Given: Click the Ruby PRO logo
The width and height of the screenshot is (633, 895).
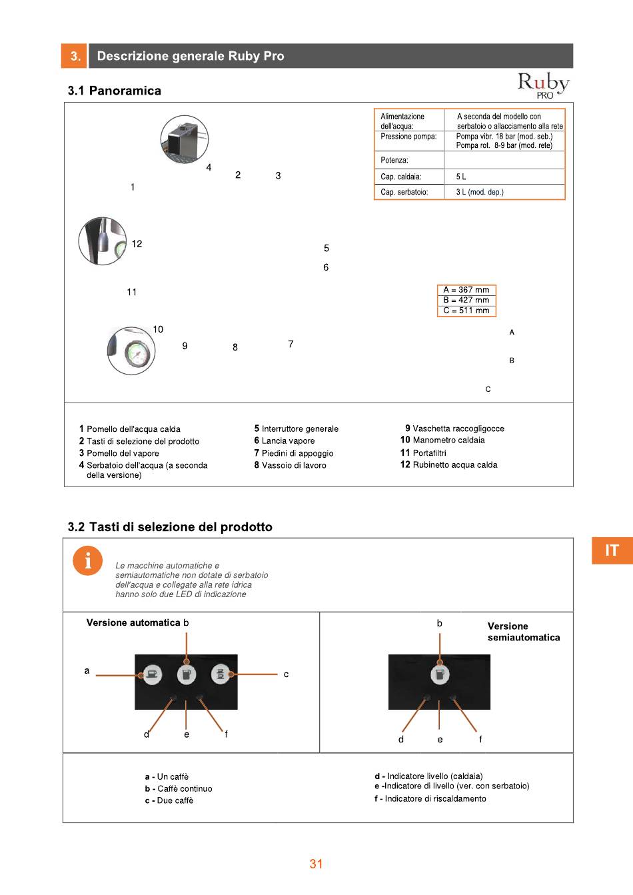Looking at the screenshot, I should coord(543,85).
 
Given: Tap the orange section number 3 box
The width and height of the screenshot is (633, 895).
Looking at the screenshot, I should coord(75,56).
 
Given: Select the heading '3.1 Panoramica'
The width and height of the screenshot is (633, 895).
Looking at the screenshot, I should coord(114,91).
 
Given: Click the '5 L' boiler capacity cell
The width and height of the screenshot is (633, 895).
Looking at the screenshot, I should coord(461,177).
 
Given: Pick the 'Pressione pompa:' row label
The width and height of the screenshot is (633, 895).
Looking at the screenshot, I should coord(408,137).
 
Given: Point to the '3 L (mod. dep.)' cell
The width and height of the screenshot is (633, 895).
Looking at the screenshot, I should coord(480,192).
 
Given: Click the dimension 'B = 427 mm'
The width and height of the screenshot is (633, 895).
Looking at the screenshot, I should coord(466,300).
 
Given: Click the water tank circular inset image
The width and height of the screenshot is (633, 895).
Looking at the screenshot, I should coord(185,139).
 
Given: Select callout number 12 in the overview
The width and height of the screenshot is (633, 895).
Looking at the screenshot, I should coord(137,244).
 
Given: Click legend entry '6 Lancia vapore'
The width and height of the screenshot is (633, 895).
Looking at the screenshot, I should coord(285,441).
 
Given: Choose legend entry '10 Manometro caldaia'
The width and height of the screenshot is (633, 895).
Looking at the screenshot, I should coord(442,440).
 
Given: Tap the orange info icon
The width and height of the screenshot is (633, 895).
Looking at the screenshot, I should coord(87,560).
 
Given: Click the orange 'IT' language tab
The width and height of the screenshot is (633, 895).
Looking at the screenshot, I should coord(612,550).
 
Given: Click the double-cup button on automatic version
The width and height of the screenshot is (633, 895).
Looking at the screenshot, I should coord(220,674).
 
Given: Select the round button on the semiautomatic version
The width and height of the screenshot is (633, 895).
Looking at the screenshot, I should coord(439,674).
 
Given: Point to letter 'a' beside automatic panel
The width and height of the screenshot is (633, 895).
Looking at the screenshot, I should coord(87,670).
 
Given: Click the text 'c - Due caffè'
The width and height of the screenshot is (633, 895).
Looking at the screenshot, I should coord(169,800).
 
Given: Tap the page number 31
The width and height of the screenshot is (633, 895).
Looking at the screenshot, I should coord(316,864).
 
